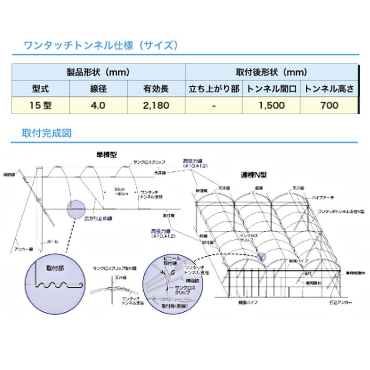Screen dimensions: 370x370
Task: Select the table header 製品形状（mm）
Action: click(98, 73)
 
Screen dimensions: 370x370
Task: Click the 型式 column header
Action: click(39, 88)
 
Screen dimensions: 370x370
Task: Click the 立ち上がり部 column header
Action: click(213, 88)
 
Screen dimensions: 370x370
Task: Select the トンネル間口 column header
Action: click(271, 88)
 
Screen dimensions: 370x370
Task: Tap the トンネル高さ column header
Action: click(329, 88)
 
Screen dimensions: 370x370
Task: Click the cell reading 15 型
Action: click(39, 105)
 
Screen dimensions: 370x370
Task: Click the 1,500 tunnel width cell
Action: click(271, 105)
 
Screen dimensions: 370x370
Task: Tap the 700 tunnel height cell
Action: click(329, 105)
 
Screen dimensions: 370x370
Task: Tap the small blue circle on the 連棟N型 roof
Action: click(262, 255)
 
